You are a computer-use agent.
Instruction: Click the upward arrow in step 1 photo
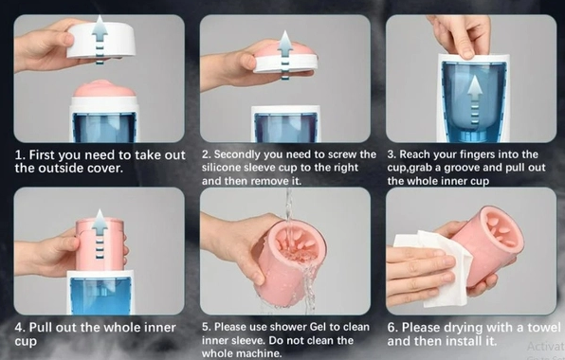coord(100,40)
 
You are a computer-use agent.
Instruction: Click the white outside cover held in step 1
coord(101,41)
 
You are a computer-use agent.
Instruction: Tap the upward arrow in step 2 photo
coord(285,55)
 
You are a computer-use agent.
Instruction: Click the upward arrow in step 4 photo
coord(100,234)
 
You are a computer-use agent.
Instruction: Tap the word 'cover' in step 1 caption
coord(105,169)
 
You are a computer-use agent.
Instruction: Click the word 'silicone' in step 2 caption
coord(221,168)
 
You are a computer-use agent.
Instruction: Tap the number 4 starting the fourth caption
coord(19,328)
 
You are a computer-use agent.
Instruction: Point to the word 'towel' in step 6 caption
coord(544,327)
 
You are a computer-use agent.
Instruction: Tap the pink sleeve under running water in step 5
coord(290,262)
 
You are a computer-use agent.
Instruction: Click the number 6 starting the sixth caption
coord(392,328)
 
